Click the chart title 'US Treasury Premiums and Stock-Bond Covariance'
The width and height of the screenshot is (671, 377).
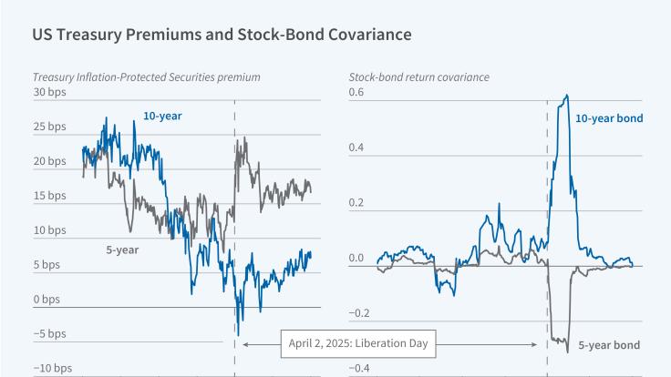(222, 35)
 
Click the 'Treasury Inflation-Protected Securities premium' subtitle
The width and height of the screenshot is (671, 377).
(146, 77)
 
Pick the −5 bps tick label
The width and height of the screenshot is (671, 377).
(49, 334)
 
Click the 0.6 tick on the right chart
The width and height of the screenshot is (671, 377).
(356, 93)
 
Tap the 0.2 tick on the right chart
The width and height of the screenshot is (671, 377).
(356, 203)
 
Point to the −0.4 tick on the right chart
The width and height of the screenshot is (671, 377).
(359, 369)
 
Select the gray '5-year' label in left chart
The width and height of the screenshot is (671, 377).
(113, 247)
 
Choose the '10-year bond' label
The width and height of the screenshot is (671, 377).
(609, 118)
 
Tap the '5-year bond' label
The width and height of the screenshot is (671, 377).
(612, 345)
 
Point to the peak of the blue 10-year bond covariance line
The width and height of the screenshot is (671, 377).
(567, 95)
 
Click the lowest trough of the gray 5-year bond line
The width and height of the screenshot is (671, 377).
(567, 352)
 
